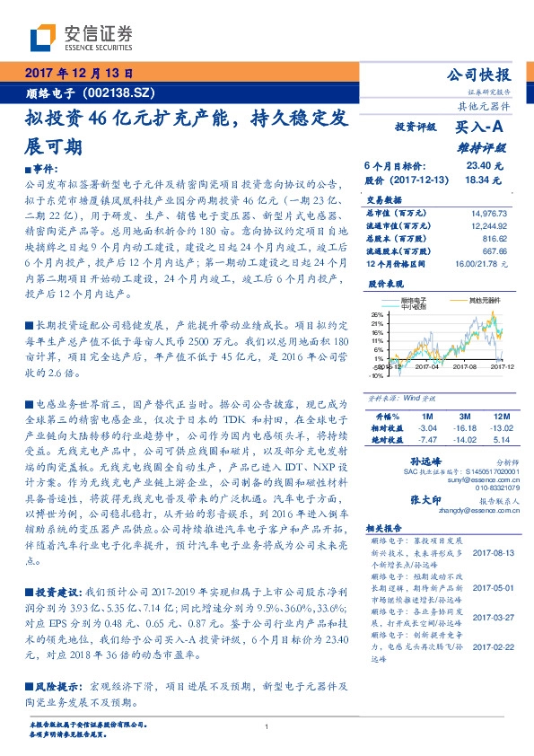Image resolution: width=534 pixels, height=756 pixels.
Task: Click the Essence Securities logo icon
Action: [45, 39]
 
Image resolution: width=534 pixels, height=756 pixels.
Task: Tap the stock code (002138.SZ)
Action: [121, 92]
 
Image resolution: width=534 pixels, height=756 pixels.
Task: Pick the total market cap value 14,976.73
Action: [488, 213]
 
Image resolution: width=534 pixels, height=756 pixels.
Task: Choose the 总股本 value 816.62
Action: [495, 240]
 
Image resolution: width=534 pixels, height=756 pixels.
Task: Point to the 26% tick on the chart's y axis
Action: [378, 314]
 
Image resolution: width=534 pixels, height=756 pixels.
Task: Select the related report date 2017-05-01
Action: [488, 586]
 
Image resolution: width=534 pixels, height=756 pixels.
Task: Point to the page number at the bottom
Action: [267, 726]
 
